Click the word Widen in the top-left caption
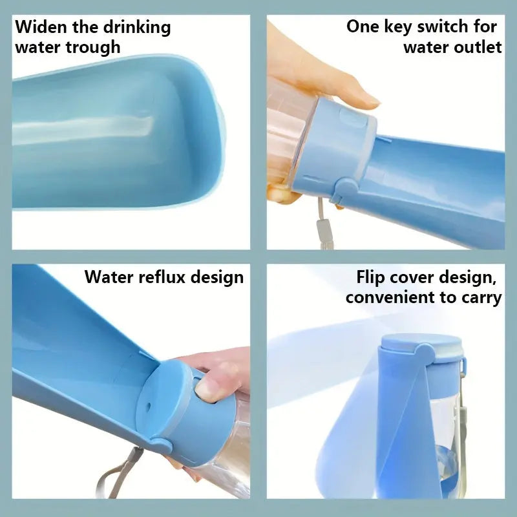(41, 26)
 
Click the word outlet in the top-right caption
(478, 47)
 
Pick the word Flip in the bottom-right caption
(370, 277)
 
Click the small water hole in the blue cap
(148, 406)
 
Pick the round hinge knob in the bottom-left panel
(162, 445)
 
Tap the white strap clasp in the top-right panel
(322, 229)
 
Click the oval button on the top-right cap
(353, 117)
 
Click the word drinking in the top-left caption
(138, 28)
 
